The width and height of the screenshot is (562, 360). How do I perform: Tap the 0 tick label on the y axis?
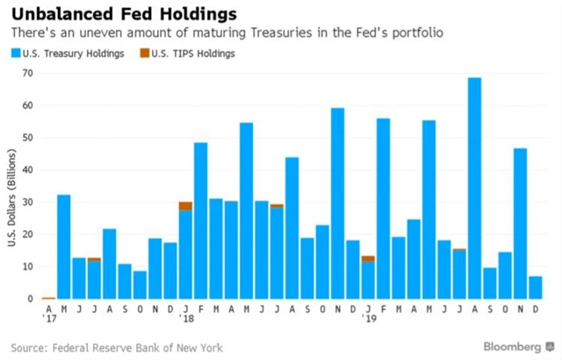30,299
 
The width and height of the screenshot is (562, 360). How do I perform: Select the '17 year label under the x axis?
49,319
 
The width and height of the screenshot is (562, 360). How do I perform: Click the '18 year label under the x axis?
186,319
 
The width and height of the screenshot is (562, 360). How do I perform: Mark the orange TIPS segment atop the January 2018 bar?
185,205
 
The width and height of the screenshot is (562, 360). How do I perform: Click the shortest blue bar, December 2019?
536,288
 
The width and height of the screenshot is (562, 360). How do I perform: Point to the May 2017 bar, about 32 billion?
64,247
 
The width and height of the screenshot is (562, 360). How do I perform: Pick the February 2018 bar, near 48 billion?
201,220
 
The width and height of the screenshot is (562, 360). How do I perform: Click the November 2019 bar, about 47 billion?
521,224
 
